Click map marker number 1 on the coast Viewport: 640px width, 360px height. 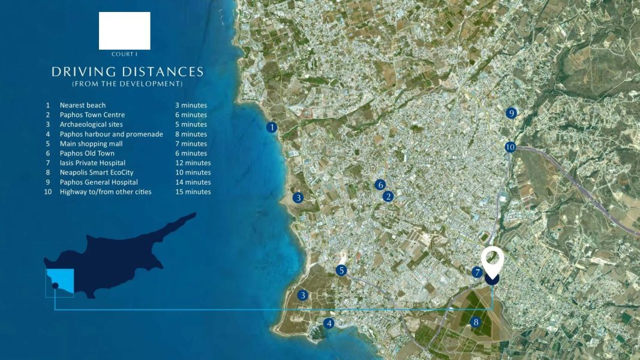tap(272, 127)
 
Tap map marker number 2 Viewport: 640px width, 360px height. tap(388, 196)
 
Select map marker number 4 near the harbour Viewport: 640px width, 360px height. tap(328, 323)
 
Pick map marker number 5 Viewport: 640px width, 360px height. tap(341, 271)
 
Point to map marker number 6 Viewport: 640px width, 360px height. tap(380, 185)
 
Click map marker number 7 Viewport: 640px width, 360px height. tap(477, 272)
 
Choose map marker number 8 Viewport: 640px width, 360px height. tap(476, 322)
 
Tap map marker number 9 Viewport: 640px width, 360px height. tap(511, 113)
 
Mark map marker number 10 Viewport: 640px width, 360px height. tap(510, 147)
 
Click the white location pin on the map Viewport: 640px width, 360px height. tap(492, 262)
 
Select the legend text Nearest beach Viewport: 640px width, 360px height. tap(83, 106)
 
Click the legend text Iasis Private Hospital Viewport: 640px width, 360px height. tap(92, 163)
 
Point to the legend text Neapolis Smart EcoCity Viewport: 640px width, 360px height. tap(97, 173)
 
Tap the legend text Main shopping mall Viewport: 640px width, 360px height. tap(91, 144)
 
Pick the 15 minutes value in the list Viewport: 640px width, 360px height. tap(193, 192)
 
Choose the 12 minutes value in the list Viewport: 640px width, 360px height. tap(193, 163)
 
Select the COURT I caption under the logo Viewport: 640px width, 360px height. tap(124, 55)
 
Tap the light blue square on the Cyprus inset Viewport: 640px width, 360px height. tap(61, 282)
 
